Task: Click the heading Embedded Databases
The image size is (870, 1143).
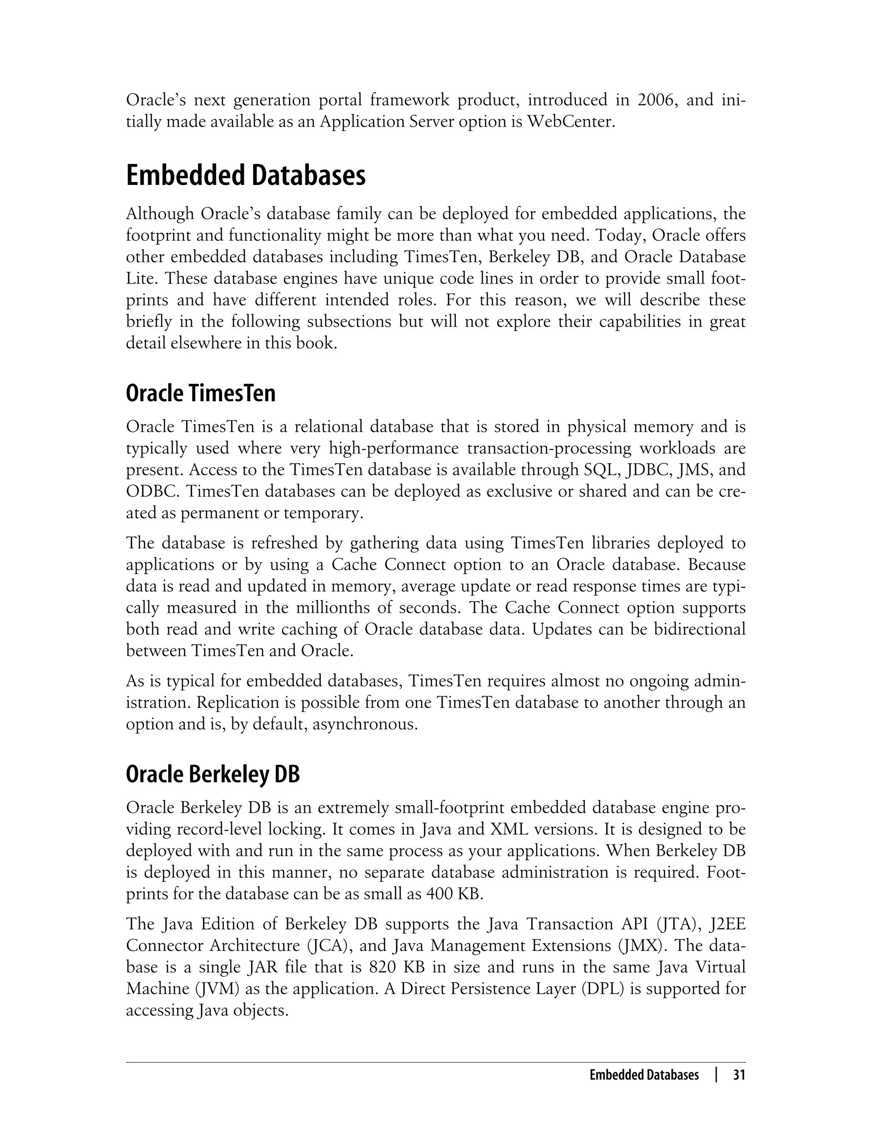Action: tap(246, 176)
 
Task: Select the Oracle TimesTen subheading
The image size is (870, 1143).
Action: tap(201, 394)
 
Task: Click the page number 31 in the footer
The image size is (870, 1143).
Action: tap(738, 1075)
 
